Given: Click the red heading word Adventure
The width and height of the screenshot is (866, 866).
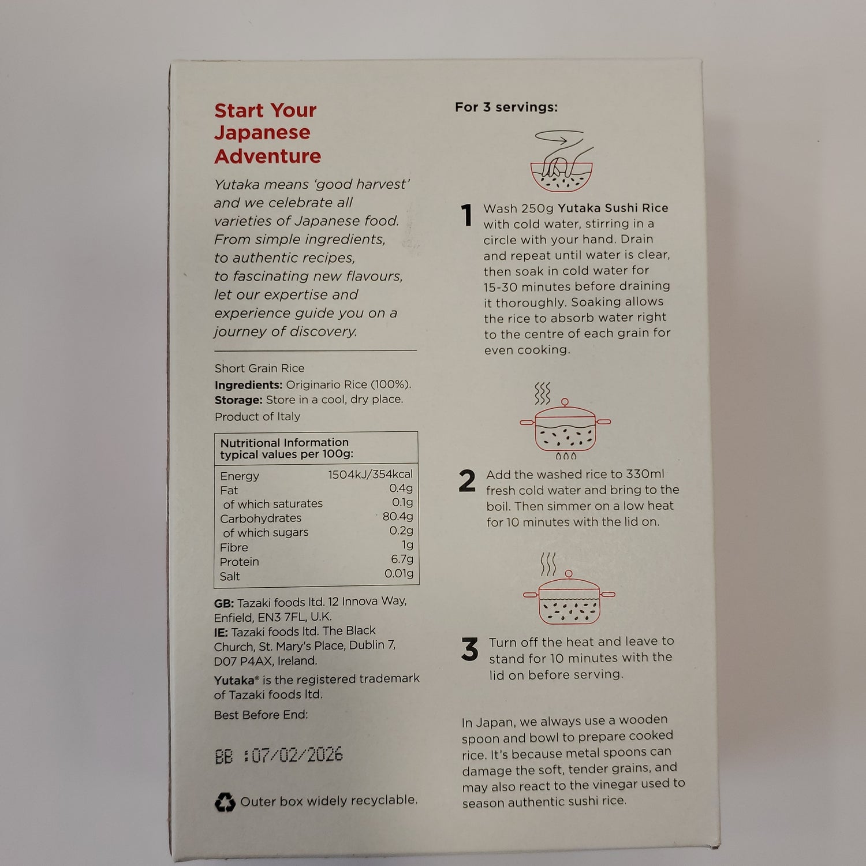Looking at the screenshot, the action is (268, 156).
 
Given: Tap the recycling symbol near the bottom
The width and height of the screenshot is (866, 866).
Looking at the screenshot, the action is (225, 802).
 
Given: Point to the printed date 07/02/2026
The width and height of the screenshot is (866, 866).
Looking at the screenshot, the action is (297, 755).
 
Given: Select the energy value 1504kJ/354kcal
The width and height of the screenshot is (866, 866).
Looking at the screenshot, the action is (371, 475).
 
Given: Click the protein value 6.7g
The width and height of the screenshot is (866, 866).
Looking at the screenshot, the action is (402, 559).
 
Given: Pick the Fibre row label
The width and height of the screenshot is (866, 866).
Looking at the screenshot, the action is (234, 547).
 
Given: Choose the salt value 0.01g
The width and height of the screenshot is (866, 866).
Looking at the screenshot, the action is (399, 574).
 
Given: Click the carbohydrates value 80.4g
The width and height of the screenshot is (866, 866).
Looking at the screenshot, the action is (398, 517).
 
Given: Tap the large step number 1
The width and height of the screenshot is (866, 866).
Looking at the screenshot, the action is (467, 216).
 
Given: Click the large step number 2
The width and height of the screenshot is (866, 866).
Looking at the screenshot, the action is (467, 481).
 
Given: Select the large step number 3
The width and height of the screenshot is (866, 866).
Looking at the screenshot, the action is (470, 649).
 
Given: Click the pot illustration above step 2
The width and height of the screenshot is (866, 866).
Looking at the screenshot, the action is (565, 421).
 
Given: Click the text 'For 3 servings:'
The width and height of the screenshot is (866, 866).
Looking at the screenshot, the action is (506, 107).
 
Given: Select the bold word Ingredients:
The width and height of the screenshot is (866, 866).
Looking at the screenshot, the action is (248, 385).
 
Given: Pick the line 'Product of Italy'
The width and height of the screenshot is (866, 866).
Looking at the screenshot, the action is (257, 417).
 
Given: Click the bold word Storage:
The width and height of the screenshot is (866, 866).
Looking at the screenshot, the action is (238, 400).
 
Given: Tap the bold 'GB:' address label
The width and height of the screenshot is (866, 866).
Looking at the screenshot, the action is (224, 603).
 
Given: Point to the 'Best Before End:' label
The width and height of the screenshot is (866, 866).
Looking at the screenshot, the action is (261, 715).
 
